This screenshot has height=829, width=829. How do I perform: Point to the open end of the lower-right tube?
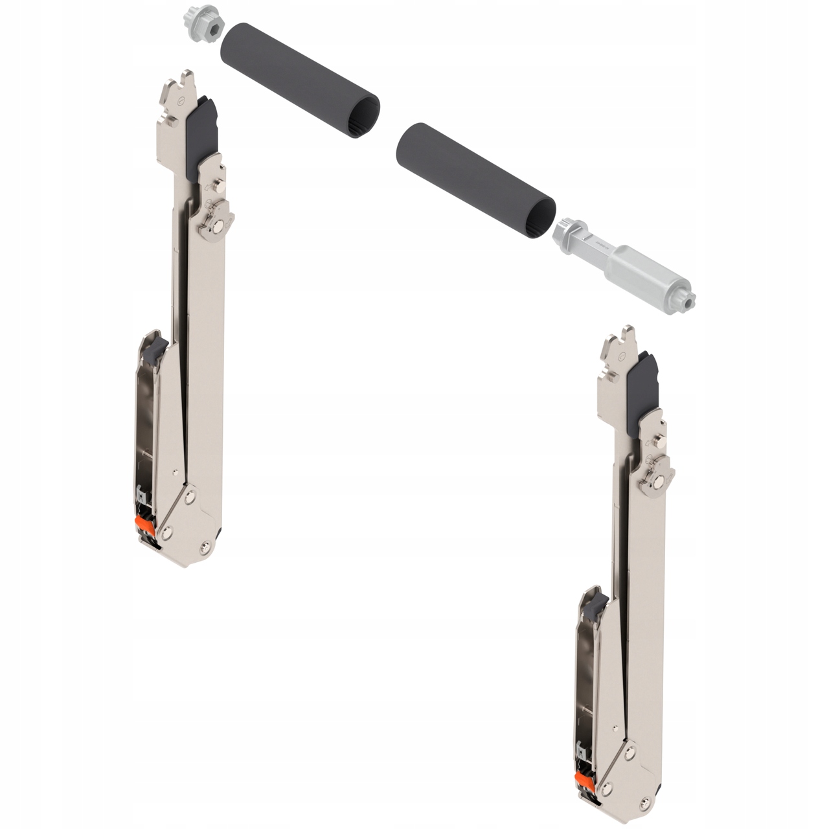coord(546,210)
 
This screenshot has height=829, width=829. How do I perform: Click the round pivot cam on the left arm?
coord(216,220)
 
